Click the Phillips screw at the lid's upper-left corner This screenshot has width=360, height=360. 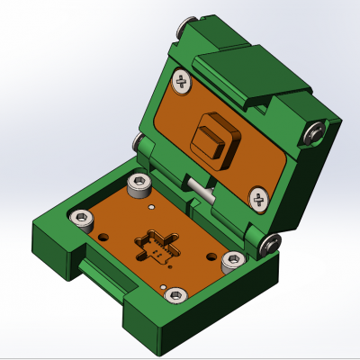(x=184, y=82)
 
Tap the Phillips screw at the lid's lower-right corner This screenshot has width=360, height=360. (x=257, y=200)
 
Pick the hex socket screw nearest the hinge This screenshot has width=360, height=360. (x=139, y=187)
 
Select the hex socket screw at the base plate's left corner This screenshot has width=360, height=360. (x=82, y=218)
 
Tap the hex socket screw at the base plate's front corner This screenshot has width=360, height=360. (x=176, y=294)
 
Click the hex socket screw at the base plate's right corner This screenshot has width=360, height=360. (x=232, y=261)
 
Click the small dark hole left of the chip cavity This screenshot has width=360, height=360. (x=107, y=238)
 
